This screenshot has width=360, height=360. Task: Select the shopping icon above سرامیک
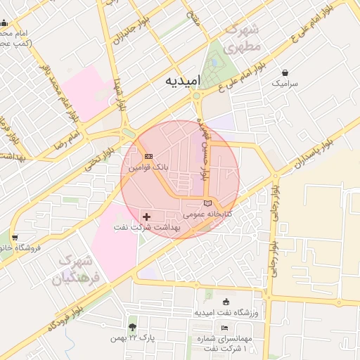[x=285, y=72]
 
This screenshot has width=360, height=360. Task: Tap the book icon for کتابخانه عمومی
[x=207, y=203]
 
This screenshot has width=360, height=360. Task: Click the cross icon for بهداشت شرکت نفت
[x=146, y=216]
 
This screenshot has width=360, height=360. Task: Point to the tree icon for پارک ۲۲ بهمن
[x=132, y=327]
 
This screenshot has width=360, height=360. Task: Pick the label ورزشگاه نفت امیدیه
[x=227, y=311]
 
